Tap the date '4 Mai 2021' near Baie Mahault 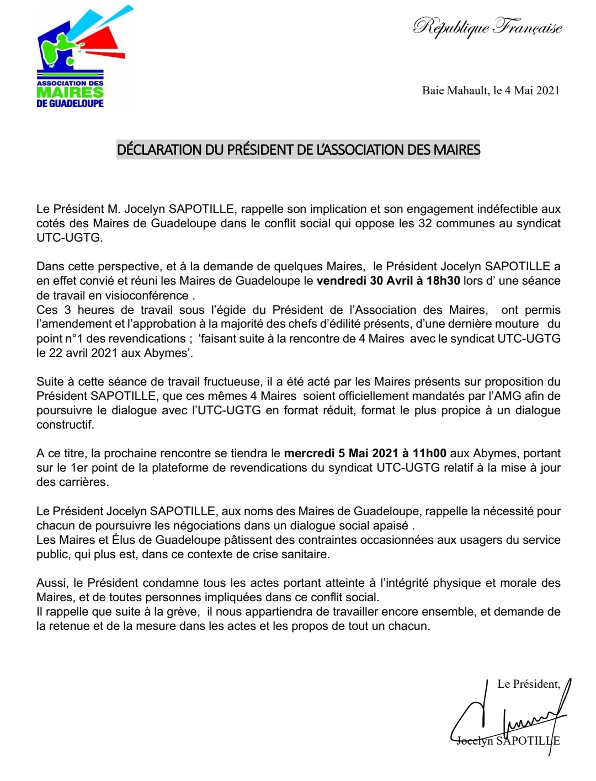532,90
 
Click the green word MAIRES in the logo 70,93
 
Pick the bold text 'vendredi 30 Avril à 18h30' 388,281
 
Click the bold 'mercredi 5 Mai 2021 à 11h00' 365,453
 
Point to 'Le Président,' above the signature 529,684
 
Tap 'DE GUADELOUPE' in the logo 70,103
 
